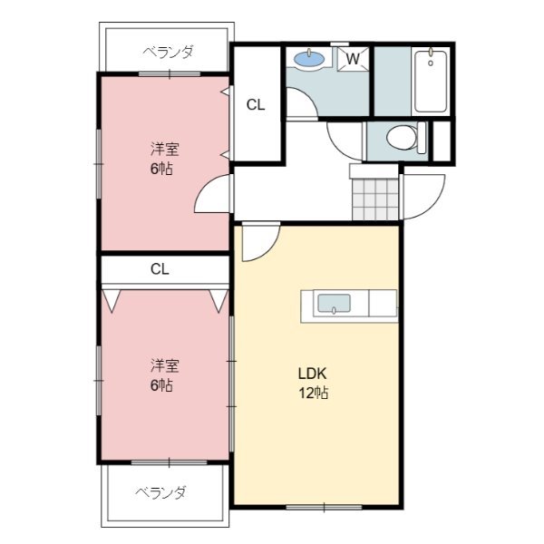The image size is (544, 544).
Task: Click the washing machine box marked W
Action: click(x=355, y=60)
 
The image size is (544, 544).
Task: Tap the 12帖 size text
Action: click(x=314, y=393)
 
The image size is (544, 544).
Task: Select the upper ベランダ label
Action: click(x=168, y=52)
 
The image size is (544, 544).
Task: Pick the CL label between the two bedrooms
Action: click(x=160, y=269)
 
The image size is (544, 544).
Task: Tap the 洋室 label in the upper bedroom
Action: click(x=164, y=149)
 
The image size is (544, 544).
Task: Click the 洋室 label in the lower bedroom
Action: click(x=164, y=365)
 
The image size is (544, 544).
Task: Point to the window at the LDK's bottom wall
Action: click(x=316, y=505)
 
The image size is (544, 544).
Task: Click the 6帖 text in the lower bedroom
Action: click(x=161, y=385)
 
